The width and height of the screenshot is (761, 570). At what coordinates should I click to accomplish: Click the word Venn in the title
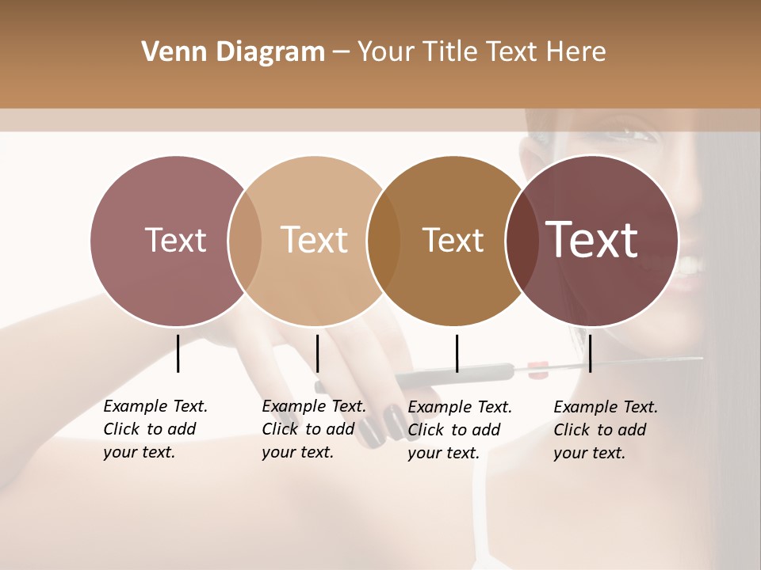pos(167,52)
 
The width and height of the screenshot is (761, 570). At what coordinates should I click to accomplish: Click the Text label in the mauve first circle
pos(175,240)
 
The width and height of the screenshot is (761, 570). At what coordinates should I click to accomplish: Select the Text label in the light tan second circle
pos(315,240)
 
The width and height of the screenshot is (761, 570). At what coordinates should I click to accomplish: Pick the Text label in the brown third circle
pos(453,240)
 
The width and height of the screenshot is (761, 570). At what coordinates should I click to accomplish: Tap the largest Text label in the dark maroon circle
pos(592,240)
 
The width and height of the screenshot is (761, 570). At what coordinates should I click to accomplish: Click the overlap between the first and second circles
pos(246,241)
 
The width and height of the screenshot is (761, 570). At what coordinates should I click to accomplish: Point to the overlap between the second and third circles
pos(384,241)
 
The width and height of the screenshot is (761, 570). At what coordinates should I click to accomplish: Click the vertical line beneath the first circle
pos(178,353)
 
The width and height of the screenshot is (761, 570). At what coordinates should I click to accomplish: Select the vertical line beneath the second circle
pos(317,353)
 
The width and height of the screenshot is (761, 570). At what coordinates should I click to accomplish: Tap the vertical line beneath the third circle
pos(457,353)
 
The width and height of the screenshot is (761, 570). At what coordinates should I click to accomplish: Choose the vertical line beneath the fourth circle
pos(590,353)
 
